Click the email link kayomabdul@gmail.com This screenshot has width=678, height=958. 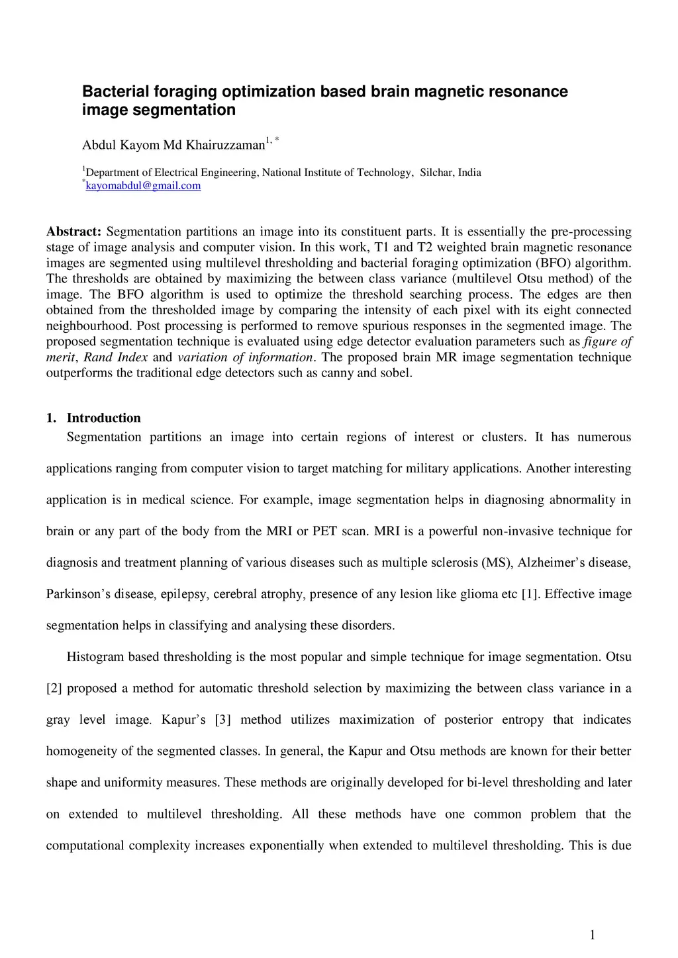point(143,186)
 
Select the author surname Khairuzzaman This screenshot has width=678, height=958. point(226,145)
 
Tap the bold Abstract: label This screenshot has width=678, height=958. point(73,232)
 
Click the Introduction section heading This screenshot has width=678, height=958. point(103,418)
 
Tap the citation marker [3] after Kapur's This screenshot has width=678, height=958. point(222,720)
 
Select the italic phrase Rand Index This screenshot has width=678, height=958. point(115,357)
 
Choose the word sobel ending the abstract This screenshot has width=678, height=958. point(396,373)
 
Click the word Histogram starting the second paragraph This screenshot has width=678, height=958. point(95,657)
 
